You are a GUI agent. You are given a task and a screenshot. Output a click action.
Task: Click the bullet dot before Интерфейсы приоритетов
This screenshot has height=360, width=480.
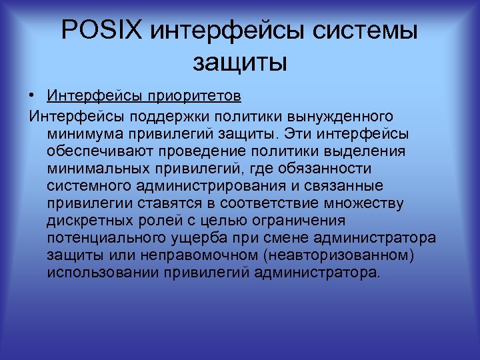click(x=32, y=98)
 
